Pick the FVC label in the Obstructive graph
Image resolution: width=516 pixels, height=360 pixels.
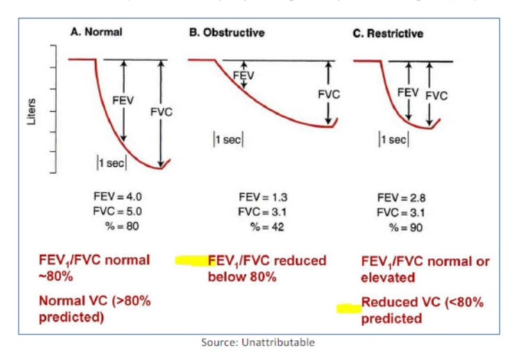[328, 94]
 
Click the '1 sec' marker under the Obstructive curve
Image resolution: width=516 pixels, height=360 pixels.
[228, 139]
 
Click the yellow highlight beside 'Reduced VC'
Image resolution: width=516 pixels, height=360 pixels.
[349, 306]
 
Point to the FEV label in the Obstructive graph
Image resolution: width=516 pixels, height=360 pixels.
[244, 74]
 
